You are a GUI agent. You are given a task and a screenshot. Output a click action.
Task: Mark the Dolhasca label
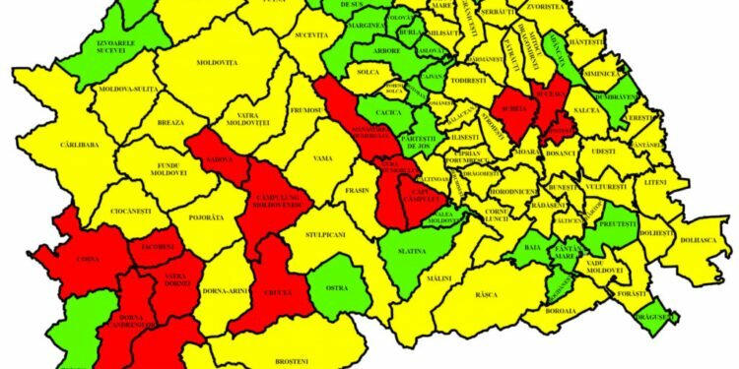[701, 237]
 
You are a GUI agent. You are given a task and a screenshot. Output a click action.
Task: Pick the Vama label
[323, 157]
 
